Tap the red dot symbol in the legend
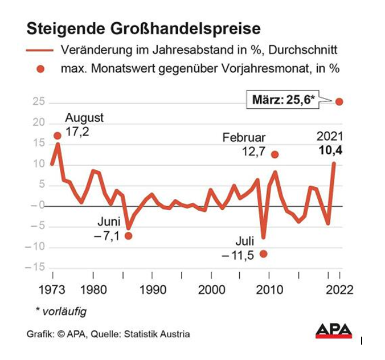coord(40,69)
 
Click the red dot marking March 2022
coord(339,101)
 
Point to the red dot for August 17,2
coord(58,136)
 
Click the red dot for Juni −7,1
coord(128,236)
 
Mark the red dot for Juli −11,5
coord(263,253)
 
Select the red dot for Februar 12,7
coord(275,154)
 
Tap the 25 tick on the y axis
coord(38,102)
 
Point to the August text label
coord(84,118)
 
